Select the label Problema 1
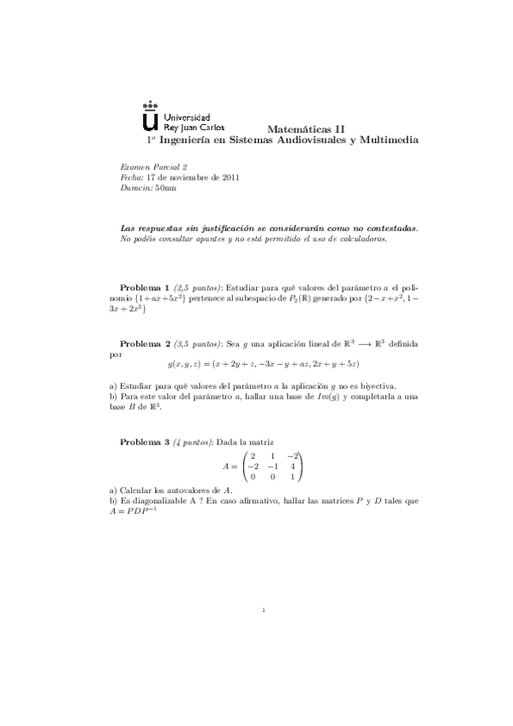click(x=144, y=287)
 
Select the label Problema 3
click(x=144, y=443)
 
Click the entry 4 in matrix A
click(x=293, y=467)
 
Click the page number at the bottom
click(x=266, y=610)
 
